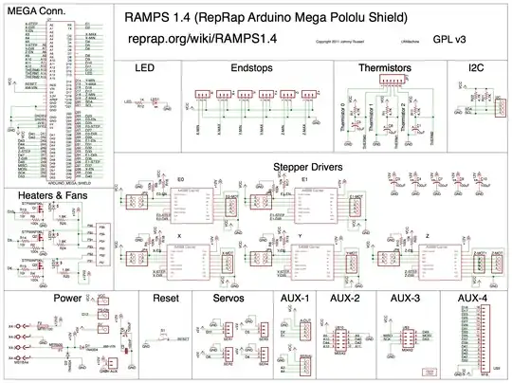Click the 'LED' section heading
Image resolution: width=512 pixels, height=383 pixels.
click(144, 69)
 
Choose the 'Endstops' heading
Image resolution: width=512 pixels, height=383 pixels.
click(250, 69)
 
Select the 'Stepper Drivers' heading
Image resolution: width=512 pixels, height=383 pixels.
click(309, 167)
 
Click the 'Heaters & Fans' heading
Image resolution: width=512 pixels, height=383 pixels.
click(47, 195)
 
